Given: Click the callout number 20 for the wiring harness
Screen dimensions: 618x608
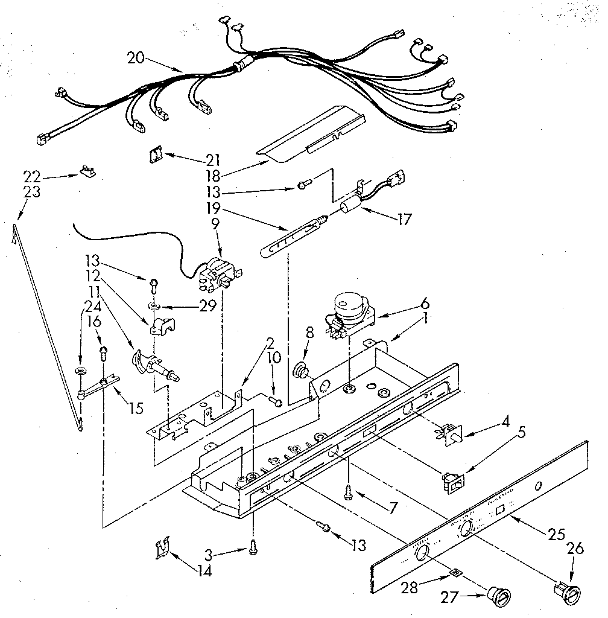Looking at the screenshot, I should pos(136,58).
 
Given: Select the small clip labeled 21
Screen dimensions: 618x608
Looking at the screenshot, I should pos(156,156).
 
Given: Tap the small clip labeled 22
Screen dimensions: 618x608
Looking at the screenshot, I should pos(87,173).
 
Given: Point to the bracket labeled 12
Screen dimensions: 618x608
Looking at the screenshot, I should pos(162,328).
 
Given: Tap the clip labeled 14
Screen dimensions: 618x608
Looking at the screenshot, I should pos(161,550).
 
